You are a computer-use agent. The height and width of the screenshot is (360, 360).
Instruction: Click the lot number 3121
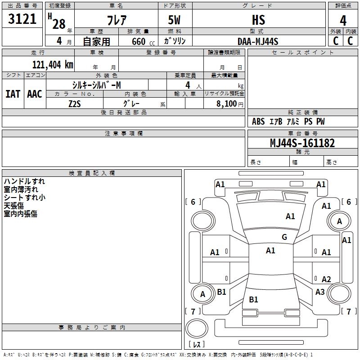[22, 19]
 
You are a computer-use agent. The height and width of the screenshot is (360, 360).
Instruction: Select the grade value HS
[258, 20]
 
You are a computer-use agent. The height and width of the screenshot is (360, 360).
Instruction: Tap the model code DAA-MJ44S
[258, 41]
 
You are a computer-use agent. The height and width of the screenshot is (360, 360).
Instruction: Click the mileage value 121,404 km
[53, 64]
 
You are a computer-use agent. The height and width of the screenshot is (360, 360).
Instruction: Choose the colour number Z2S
[75, 104]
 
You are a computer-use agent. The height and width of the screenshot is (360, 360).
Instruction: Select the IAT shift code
[13, 94]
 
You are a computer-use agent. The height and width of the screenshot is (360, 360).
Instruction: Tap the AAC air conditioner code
[34, 94]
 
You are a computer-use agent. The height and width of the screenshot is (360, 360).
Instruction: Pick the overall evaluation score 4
[343, 20]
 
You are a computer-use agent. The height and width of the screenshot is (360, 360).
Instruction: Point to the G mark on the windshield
[284, 237]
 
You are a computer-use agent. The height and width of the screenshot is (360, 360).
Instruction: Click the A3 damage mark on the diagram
[320, 292]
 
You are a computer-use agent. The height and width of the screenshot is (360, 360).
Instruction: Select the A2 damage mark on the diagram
[326, 279]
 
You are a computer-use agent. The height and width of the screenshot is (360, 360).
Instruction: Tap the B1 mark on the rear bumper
[253, 300]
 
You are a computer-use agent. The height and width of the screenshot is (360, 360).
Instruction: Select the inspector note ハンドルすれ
[24, 181]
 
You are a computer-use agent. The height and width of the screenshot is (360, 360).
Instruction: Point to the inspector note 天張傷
[14, 206]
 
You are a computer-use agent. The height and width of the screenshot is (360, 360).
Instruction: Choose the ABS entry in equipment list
[258, 121]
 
